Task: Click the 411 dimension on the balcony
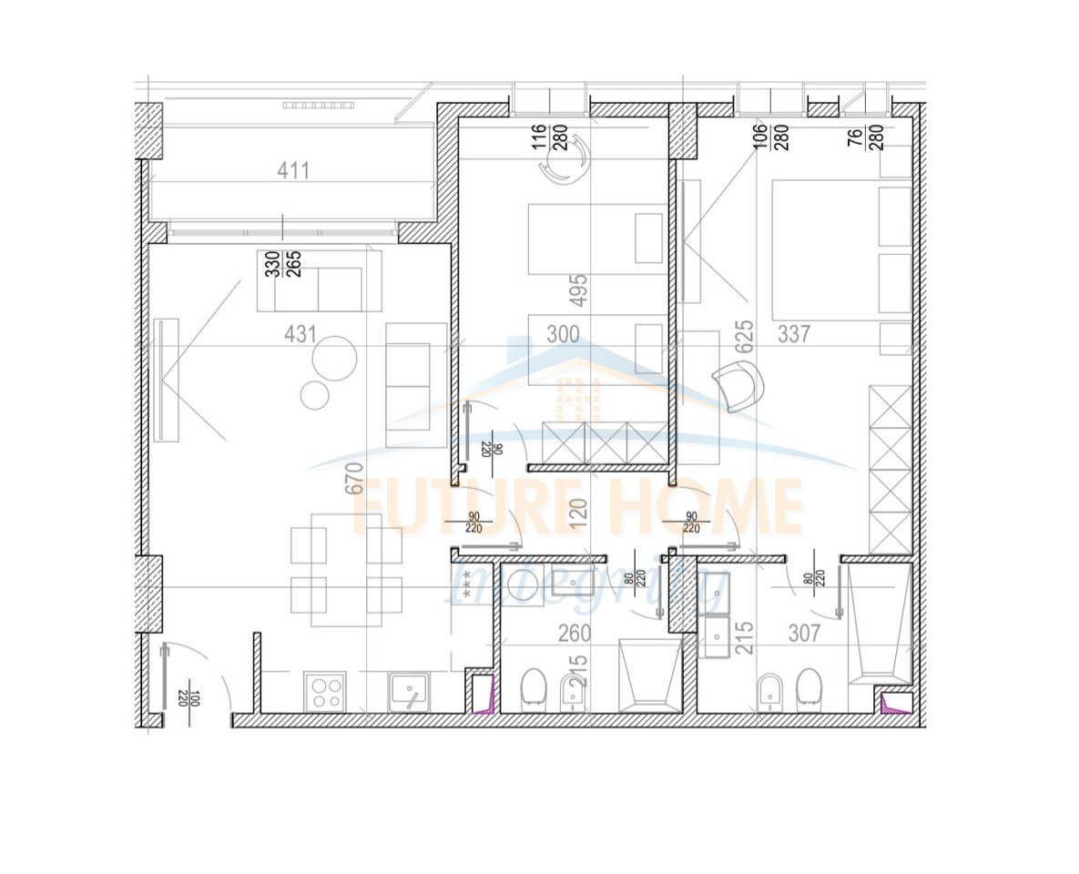294,170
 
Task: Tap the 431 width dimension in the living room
300,334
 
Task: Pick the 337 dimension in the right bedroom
794,334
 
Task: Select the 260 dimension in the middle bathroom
575,633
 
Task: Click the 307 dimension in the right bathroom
804,633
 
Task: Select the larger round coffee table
333,359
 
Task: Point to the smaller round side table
315,395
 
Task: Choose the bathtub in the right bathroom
879,624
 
